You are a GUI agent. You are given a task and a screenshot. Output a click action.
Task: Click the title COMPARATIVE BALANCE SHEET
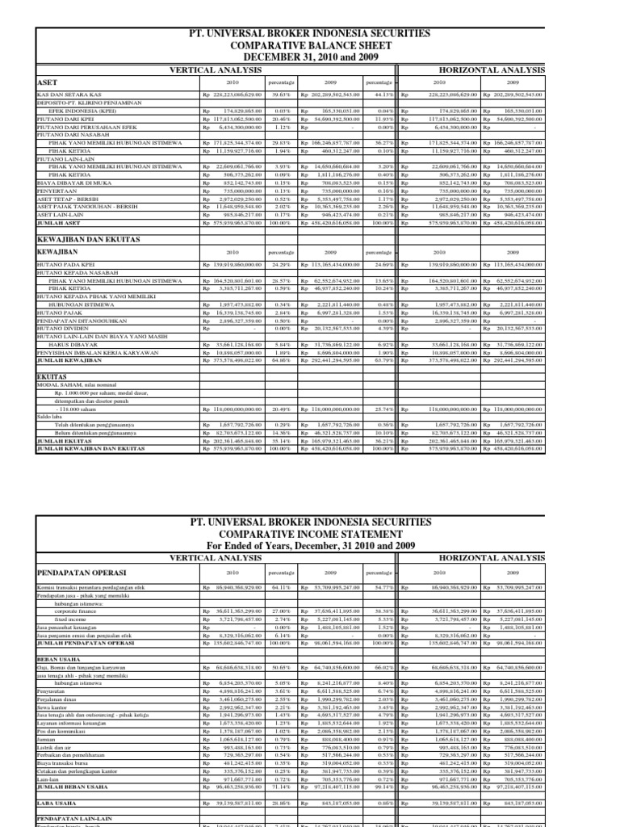pyautogui.click(x=309, y=45)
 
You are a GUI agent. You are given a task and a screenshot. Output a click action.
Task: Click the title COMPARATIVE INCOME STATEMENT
pyautogui.click(x=309, y=535)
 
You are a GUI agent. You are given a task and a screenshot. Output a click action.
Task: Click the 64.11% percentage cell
pyautogui.click(x=281, y=586)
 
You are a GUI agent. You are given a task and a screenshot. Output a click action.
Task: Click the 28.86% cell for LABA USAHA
pyautogui.click(x=281, y=805)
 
